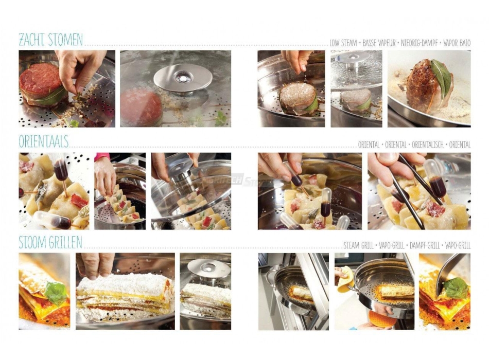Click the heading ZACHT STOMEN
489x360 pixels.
pos(50,40)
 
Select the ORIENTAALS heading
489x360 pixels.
pos(44,141)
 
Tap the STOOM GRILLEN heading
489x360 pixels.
pos(50,242)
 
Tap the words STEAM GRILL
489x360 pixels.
pos(358,246)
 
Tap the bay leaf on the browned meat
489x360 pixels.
pos(442,77)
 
